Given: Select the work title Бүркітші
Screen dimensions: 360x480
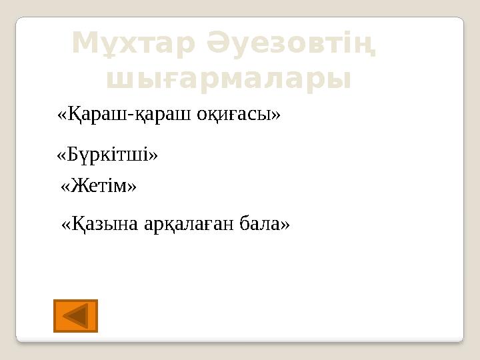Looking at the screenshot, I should coord(107,155).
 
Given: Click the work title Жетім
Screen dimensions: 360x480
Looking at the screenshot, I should coord(98,187).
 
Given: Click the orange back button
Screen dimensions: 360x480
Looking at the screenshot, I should coord(75,316).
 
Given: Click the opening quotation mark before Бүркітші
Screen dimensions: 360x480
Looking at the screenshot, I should coord(61,155).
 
